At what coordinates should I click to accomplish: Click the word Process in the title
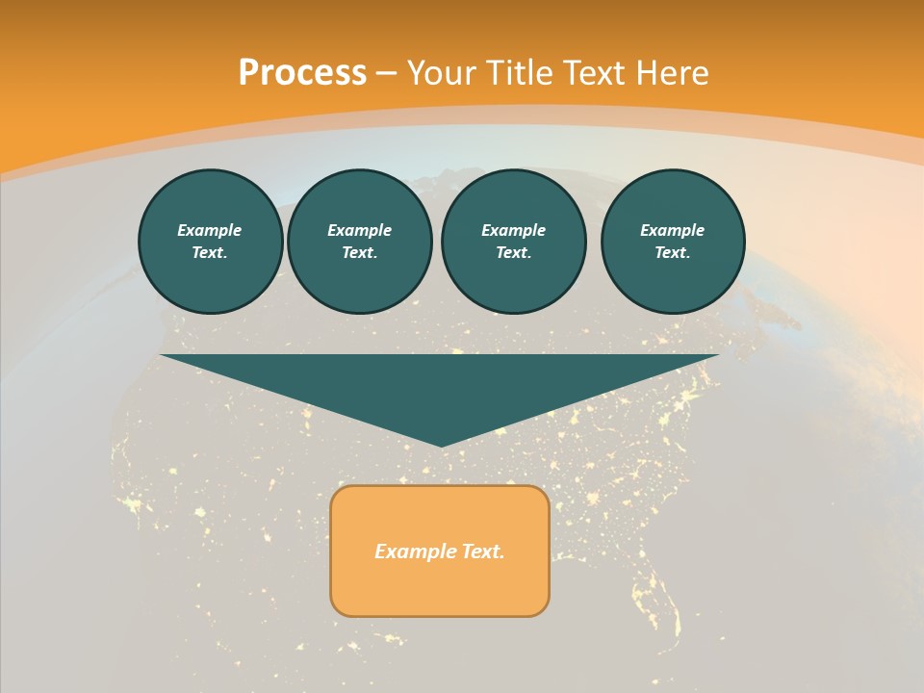pyautogui.click(x=302, y=73)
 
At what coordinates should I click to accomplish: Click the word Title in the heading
pyautogui.click(x=520, y=73)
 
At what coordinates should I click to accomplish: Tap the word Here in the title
pyautogui.click(x=672, y=73)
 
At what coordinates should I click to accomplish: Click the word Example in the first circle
pyautogui.click(x=210, y=230)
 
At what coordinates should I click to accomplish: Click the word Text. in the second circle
pyautogui.click(x=359, y=252)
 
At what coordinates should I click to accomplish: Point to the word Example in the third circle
pyautogui.click(x=513, y=230)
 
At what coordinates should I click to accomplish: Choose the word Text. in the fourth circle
pyautogui.click(x=673, y=252)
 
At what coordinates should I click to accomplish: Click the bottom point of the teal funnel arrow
pyautogui.click(x=442, y=444)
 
